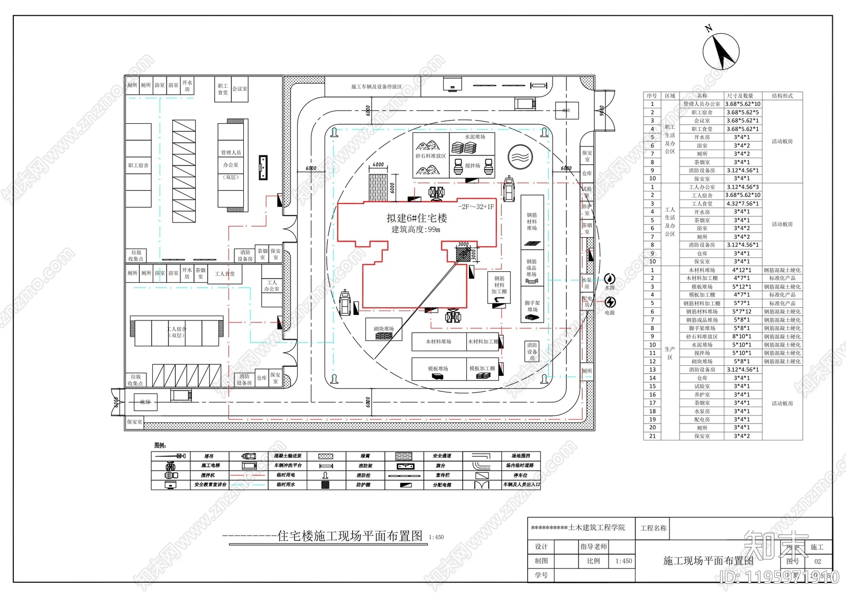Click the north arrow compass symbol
(x=721, y=51)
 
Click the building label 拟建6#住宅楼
(x=417, y=218)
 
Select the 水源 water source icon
(x=610, y=278)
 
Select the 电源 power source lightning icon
(x=611, y=302)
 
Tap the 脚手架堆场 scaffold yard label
(x=532, y=306)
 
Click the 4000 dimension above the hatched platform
(x=378, y=164)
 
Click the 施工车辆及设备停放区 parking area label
(x=376, y=86)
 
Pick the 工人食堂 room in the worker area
(x=225, y=274)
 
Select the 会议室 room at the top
(x=240, y=88)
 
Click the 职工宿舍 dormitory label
(x=138, y=165)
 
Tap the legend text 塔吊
(x=209, y=456)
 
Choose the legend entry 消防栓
(x=364, y=475)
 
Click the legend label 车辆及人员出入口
(x=521, y=485)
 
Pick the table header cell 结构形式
(x=782, y=96)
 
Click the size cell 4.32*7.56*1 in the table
(x=742, y=204)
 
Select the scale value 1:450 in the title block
(x=623, y=561)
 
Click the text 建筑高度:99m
(x=416, y=229)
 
